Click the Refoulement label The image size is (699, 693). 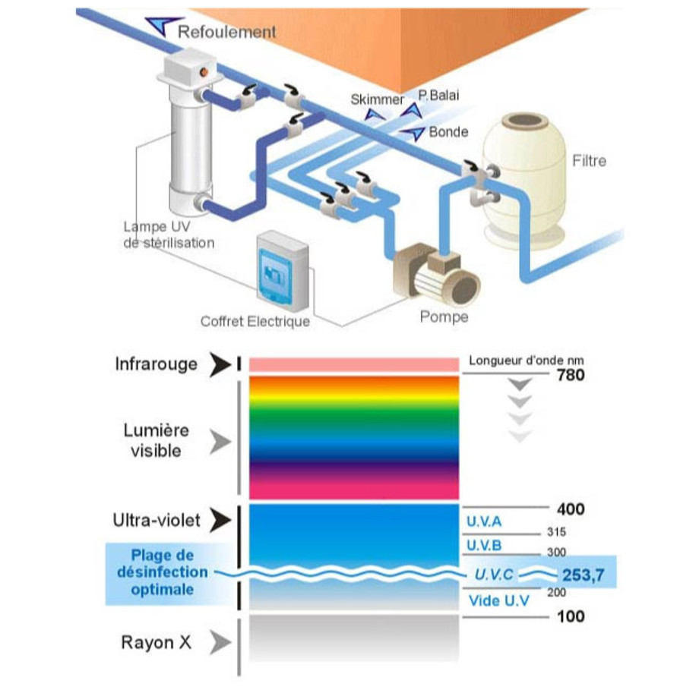(226, 32)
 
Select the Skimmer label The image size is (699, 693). (378, 99)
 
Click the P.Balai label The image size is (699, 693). (438, 95)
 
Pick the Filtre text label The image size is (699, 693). (589, 161)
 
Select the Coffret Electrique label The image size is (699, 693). (255, 321)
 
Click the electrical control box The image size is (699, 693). (283, 269)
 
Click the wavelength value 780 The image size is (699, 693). (571, 374)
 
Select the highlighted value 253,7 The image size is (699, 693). (583, 576)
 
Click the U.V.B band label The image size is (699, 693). (484, 545)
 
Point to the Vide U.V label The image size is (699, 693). (498, 601)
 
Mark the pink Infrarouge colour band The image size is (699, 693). (353, 365)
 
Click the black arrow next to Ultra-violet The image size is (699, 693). (221, 520)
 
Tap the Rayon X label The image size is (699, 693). (157, 643)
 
